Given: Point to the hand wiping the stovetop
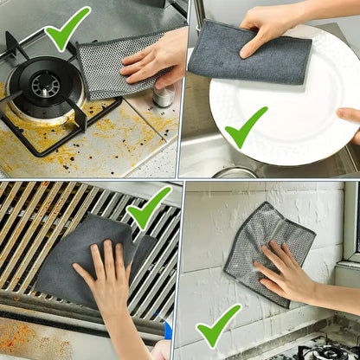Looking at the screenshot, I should (x=156, y=59).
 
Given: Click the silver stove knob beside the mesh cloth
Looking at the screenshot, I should (x=164, y=94).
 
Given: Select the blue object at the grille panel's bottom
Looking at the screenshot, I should (x=168, y=330).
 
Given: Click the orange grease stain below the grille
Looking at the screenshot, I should (x=35, y=337).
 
